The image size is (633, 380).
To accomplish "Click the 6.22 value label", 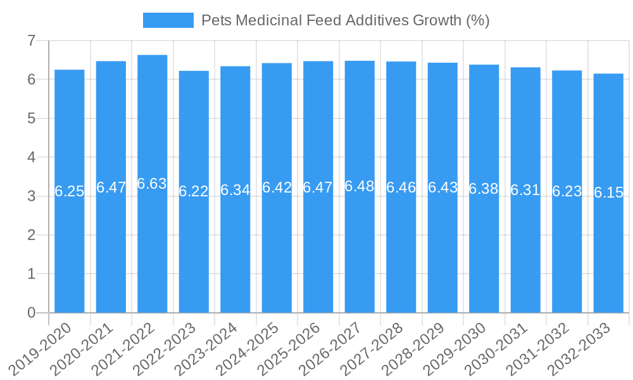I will tap(194, 191).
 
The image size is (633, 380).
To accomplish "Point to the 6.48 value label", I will tap(360, 186).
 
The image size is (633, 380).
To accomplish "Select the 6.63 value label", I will tap(152, 184).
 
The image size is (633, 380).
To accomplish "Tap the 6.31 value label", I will tap(525, 189).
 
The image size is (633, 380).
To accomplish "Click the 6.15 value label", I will tap(609, 193).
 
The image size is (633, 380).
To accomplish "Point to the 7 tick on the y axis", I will tap(31, 41).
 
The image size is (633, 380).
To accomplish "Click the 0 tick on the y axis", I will tap(31, 313).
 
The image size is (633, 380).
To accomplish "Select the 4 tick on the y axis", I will tap(31, 157).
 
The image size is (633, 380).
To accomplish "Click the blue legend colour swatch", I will tap(168, 20).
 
